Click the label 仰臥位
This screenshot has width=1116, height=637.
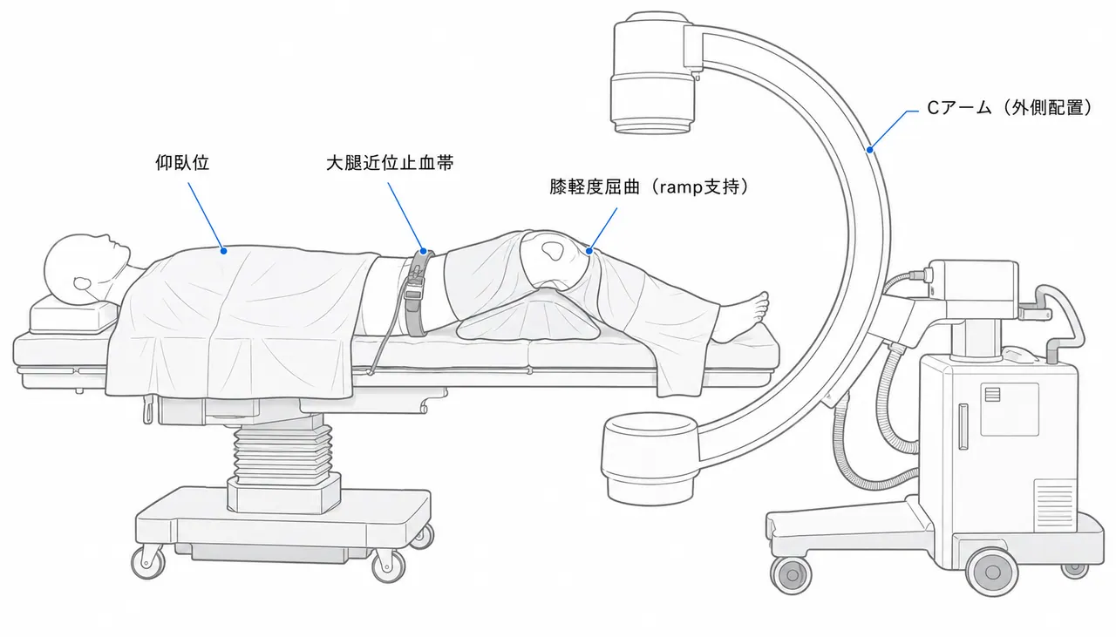[182, 163]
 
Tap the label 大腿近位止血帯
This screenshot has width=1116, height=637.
[390, 163]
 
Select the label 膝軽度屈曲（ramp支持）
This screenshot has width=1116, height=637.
[649, 186]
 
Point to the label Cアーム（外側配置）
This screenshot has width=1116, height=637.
[1009, 107]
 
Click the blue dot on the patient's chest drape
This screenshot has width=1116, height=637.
[224, 251]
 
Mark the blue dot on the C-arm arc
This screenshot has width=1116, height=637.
[869, 149]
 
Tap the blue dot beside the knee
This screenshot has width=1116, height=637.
[589, 251]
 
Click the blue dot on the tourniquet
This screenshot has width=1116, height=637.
[423, 252]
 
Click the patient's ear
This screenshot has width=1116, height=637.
[82, 285]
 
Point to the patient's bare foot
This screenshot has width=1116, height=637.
[742, 316]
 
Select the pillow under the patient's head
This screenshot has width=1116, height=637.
[74, 314]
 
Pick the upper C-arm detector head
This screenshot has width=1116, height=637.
[654, 74]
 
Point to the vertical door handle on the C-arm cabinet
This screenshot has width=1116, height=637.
[963, 427]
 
